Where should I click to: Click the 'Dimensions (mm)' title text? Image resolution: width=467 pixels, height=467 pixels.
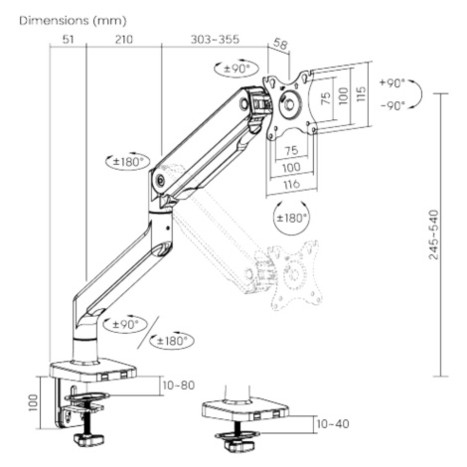tap(73, 21)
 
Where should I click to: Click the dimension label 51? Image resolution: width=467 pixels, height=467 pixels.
tap(68, 40)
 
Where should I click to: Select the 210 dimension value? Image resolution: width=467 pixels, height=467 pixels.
tap(124, 40)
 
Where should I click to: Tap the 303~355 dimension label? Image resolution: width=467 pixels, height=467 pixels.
tap(215, 40)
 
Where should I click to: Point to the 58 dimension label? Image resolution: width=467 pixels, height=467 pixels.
tap(280, 44)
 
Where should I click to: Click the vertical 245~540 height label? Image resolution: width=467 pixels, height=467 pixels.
tap(433, 234)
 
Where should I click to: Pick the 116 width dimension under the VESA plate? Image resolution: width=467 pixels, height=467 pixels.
tap(291, 184)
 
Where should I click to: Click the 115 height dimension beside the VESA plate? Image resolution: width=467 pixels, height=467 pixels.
tap(362, 93)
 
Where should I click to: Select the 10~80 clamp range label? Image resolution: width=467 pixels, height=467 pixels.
tap(179, 386)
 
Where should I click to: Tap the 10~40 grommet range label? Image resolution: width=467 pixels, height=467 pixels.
tap(333, 423)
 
